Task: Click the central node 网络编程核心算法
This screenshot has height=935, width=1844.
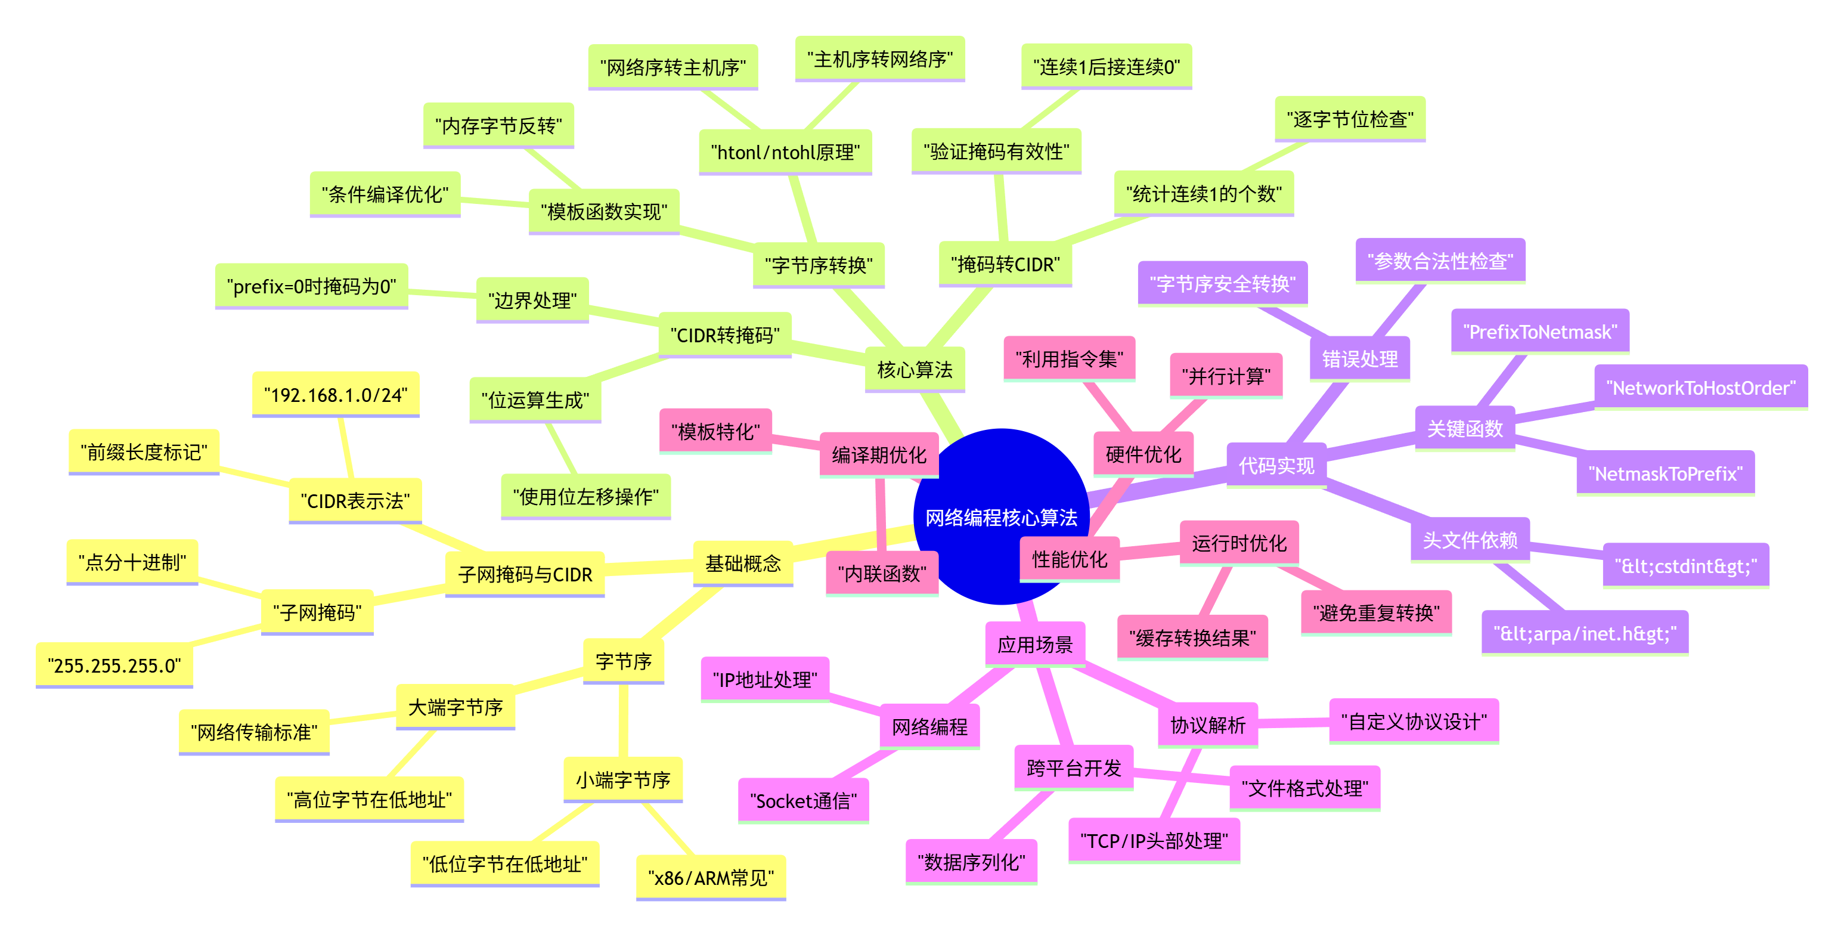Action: click(1001, 517)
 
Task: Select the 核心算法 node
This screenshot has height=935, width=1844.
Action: click(915, 370)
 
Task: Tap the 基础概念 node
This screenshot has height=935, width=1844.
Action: click(743, 564)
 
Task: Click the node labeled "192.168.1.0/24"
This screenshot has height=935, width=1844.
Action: click(335, 395)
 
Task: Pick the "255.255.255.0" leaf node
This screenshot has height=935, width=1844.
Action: click(114, 665)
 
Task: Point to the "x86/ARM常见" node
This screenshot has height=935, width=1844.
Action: click(711, 877)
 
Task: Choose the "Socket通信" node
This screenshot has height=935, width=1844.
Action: click(803, 800)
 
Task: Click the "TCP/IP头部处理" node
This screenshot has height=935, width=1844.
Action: click(1154, 841)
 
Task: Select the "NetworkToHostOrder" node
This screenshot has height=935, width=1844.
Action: click(1701, 388)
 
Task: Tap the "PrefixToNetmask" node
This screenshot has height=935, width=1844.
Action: click(1540, 332)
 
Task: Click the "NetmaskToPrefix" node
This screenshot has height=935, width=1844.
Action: click(1665, 473)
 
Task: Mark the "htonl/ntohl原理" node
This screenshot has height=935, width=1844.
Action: click(785, 152)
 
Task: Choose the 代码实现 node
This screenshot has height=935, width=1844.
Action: click(1276, 466)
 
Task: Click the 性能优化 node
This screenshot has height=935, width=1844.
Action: click(1070, 559)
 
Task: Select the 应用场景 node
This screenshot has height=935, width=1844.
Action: click(1035, 645)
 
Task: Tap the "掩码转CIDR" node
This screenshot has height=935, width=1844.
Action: click(1005, 264)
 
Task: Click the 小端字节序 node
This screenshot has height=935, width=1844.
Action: click(623, 779)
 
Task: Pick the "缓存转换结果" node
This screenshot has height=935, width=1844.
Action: click(1192, 637)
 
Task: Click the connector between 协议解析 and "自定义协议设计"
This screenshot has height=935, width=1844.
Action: click(1294, 724)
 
